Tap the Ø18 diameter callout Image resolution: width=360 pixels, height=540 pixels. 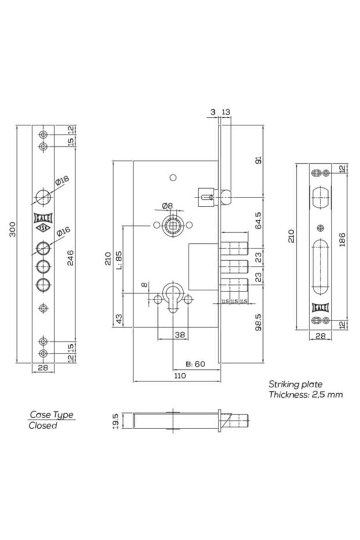(62, 181)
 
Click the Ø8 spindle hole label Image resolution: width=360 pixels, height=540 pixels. (167, 206)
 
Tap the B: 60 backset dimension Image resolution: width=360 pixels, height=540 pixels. (196, 364)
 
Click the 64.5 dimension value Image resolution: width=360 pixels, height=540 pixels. (258, 220)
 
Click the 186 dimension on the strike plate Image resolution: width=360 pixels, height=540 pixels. (342, 240)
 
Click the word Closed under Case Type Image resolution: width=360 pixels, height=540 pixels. (43, 426)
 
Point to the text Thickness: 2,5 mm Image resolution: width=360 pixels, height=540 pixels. (305, 395)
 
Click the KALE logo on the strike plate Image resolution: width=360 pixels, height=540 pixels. (321, 307)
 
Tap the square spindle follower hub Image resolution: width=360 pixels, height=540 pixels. (172, 225)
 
